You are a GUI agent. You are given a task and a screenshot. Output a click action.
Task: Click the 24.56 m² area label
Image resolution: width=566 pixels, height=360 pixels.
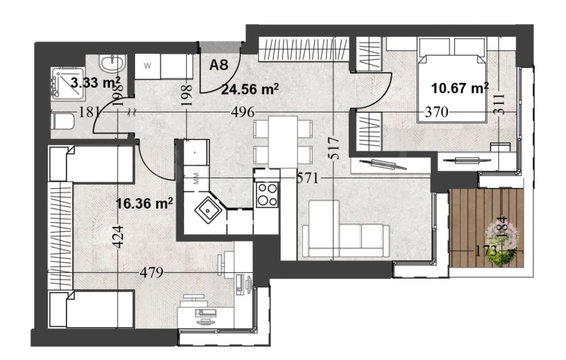point(249,89)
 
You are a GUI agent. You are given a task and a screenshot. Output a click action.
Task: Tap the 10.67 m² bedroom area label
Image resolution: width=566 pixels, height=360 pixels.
point(461,88)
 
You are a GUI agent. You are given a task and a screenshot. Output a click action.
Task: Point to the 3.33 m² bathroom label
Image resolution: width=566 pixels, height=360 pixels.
point(96,83)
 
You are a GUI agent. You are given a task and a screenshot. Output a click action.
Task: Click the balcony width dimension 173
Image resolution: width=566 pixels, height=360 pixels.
point(486,250)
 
